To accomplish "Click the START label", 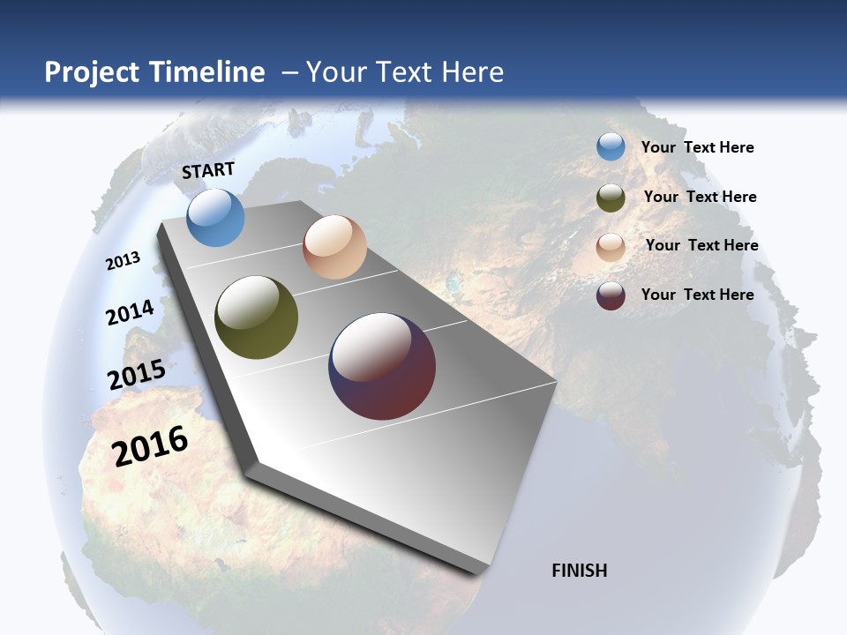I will pos(208,170).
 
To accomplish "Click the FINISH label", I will pos(579,571).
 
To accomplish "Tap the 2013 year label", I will pos(123,260).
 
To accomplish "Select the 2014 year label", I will pos(130,313).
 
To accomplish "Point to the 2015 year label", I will pos(136,374).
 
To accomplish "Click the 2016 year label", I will pos(150,445).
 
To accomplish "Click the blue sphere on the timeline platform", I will pos(215,218).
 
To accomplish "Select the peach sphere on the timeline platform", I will pos(334,247).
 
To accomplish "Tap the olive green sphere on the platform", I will pos(256,317).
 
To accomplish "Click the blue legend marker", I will pos(611,147).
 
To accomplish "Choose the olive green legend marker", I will pos(611,198).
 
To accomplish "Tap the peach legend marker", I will pos(611,247).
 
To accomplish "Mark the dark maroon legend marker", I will pos(611,295).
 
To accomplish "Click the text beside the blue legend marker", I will pos(697,147).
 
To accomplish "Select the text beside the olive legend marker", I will pos(700,197).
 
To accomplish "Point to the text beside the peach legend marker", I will pos(701,245).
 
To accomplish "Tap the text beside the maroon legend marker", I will pos(697,295).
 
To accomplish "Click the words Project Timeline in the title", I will pos(154,72).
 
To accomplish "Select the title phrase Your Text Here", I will pos(405,72).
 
